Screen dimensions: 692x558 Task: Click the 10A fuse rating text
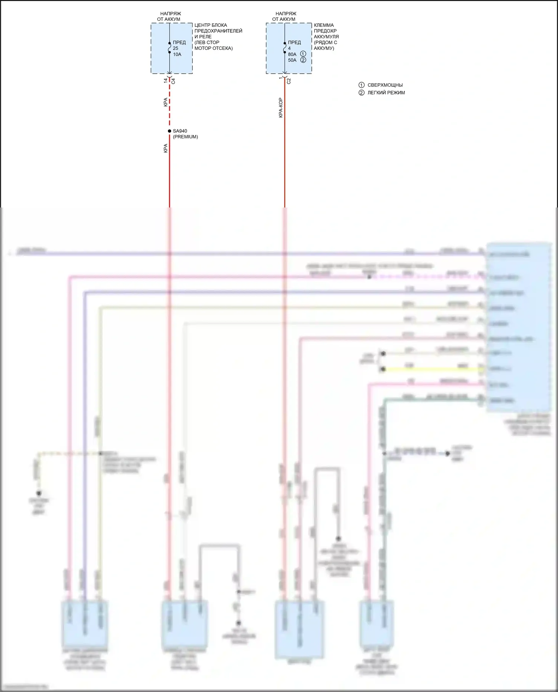coord(177,54)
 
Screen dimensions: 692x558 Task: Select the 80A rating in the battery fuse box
coord(292,54)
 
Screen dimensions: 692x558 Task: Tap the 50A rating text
coord(292,60)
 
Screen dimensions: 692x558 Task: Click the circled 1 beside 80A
coord(303,54)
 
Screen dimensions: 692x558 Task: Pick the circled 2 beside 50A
coord(303,60)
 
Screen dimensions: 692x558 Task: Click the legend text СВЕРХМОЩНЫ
coord(385,85)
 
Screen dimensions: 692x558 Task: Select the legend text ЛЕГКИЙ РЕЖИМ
coord(386,93)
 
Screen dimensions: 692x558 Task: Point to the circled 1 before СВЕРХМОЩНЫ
coord(361,85)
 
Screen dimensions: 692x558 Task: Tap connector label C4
coord(173,81)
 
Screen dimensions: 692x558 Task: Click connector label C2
coord(289,81)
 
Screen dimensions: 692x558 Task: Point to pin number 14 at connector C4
coord(166,80)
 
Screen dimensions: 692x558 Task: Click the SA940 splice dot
coord(170,131)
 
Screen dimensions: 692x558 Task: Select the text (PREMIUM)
coord(185,137)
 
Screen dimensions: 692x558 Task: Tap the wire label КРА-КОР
coord(280,108)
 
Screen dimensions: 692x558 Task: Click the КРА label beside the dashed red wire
coord(166,102)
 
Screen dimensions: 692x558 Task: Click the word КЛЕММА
coord(324,25)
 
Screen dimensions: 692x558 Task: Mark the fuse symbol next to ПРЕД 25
coord(170,48)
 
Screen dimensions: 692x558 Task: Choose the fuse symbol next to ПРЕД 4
coord(285,48)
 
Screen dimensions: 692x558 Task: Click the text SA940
coord(180,131)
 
